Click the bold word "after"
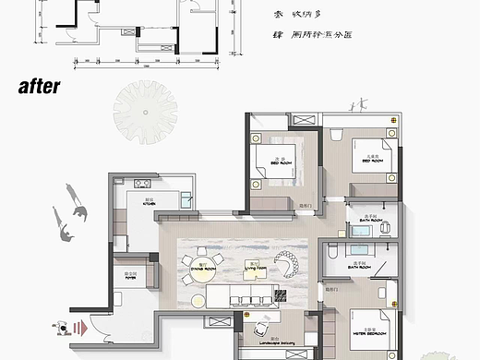point(38,87)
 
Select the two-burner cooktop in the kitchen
point(142,182)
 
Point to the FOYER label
point(130,275)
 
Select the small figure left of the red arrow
point(63,326)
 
